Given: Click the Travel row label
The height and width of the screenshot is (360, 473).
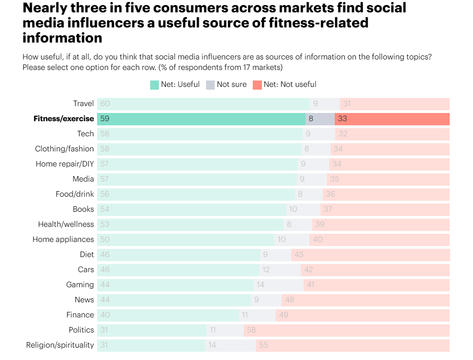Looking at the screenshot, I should coord(83,103).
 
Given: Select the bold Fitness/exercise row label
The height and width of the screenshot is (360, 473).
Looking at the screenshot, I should coord(64,118).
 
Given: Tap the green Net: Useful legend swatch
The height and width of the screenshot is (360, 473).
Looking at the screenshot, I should coord(154,85).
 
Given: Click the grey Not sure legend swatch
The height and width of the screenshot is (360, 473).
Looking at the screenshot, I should coord(210,85).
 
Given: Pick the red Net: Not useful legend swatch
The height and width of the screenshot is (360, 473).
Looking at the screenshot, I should coord(257,85).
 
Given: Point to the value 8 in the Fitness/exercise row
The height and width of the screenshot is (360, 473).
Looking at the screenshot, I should coord(311,119).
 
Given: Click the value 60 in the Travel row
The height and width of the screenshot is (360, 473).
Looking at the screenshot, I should coord(105,104).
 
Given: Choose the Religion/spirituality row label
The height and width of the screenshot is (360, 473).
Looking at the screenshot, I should coord(60,345).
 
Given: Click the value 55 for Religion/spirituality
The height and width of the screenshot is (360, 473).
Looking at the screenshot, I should coord(263,345).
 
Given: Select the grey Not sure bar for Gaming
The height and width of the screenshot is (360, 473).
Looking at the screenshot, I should coord(278,285).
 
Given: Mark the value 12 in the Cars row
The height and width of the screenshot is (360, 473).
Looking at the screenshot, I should coord(266,269).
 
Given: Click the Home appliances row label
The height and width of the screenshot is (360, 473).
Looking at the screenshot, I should coord(63,239).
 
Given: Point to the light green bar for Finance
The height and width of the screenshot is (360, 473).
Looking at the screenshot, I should coord(174,315).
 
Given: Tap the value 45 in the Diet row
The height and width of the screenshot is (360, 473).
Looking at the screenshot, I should coord(299,254).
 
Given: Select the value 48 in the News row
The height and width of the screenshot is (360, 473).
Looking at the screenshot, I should coord(289,300).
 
